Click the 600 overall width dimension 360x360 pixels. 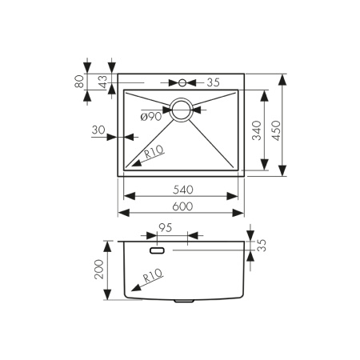tap(182, 206)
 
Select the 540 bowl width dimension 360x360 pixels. tap(182, 190)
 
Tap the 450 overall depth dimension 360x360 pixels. tap(276, 125)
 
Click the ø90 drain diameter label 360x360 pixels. tap(151, 117)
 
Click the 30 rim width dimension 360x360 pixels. tap(98, 130)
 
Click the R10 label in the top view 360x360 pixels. tap(154, 151)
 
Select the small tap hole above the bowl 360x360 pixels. tap(182, 82)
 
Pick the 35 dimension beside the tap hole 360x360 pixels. tap(214, 82)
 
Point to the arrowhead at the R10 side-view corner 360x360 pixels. tap(129, 291)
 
